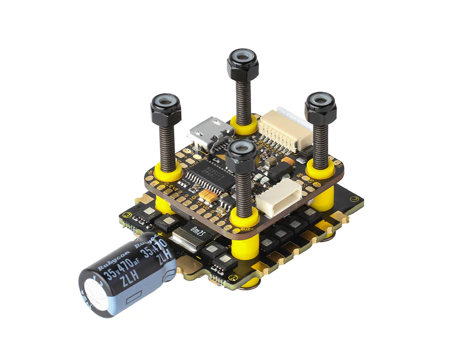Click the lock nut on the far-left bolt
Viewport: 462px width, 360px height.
coord(165,109)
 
